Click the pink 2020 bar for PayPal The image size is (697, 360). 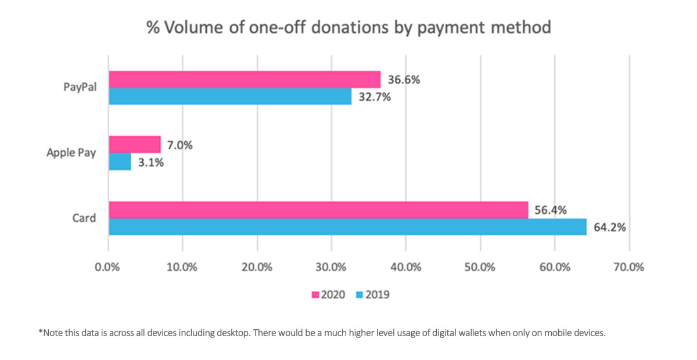click(x=244, y=80)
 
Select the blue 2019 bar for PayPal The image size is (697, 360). click(x=230, y=96)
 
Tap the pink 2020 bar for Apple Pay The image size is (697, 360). click(x=134, y=145)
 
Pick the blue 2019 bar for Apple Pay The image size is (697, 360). click(x=120, y=161)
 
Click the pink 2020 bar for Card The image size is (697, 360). click(x=318, y=210)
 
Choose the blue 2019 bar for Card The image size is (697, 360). click(x=347, y=226)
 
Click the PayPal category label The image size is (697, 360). click(x=80, y=88)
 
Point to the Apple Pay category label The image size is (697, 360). click(x=71, y=153)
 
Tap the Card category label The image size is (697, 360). click(x=84, y=218)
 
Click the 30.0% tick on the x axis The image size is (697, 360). click(x=331, y=268)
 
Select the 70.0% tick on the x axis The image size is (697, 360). click(x=628, y=268)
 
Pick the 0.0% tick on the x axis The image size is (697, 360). click(x=109, y=268)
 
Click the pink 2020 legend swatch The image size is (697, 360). click(x=317, y=295)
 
